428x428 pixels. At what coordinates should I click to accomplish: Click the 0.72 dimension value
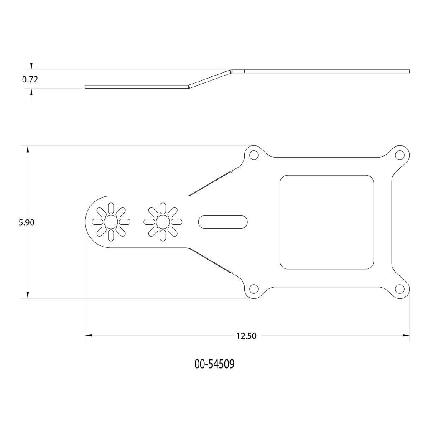click(30, 80)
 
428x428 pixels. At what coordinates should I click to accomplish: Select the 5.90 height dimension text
click(26, 222)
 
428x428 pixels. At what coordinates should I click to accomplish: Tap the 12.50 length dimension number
click(246, 336)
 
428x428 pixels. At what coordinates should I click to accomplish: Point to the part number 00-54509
click(214, 364)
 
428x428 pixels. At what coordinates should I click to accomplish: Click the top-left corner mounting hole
click(254, 155)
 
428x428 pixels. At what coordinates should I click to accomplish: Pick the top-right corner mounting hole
click(400, 155)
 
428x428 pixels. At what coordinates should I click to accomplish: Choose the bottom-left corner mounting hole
click(254, 289)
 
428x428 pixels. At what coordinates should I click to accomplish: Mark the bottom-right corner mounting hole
click(400, 289)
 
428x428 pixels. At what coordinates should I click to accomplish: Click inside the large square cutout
click(327, 222)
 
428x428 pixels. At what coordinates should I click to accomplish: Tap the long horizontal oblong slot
click(223, 222)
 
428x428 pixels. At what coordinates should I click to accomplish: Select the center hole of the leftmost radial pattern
click(111, 222)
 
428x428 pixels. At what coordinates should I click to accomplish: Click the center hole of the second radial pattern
click(163, 222)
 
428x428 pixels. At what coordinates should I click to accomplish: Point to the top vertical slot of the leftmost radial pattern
click(111, 208)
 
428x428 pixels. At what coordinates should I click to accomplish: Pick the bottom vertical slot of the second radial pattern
click(163, 235)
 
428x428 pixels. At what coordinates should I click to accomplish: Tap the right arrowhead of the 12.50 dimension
click(406, 335)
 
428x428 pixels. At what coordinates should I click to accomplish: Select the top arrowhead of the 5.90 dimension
click(28, 149)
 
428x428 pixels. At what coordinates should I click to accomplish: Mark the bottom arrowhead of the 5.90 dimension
click(28, 295)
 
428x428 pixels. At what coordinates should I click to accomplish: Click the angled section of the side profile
click(210, 79)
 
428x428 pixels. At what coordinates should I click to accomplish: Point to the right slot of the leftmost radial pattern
click(125, 222)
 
